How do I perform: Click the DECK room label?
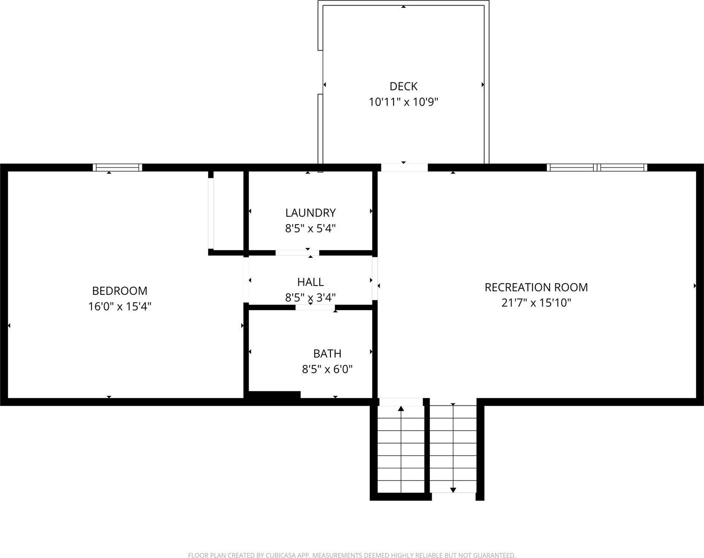click(403, 86)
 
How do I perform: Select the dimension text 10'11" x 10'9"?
click(403, 102)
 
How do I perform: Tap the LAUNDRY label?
click(310, 213)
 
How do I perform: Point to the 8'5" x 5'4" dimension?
click(310, 228)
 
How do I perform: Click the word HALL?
click(310, 282)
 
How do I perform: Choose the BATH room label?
click(327, 353)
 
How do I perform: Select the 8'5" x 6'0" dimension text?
click(327, 369)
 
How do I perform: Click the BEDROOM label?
click(119, 291)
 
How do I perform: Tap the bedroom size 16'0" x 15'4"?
click(119, 306)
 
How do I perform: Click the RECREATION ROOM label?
click(536, 287)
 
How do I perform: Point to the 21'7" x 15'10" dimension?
click(536, 303)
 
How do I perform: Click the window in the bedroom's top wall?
click(118, 168)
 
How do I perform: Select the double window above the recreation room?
click(597, 168)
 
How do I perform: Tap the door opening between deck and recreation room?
click(404, 167)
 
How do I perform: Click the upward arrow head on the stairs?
click(401, 409)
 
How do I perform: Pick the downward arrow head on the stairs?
click(453, 490)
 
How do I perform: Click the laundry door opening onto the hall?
click(297, 252)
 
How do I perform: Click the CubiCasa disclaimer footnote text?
click(352, 555)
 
